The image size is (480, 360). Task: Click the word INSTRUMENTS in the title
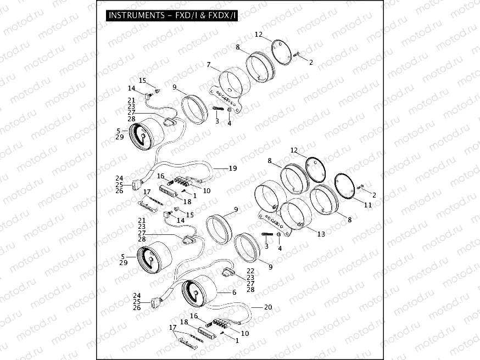[137, 15]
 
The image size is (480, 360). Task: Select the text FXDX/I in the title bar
[222, 15]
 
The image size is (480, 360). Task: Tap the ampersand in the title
[203, 15]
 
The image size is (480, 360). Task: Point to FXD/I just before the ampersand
[186, 15]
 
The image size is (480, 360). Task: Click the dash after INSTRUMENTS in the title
[170, 15]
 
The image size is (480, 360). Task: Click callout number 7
[209, 65]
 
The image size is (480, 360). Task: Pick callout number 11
[367, 205]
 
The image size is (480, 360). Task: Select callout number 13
[321, 234]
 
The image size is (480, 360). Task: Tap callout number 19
[233, 168]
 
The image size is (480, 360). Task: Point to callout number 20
[268, 307]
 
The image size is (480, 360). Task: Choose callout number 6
[234, 292]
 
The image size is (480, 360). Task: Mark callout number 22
[250, 271]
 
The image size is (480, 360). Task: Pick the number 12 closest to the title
[259, 34]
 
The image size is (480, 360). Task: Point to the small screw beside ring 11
[360, 187]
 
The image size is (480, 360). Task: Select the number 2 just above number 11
[374, 195]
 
